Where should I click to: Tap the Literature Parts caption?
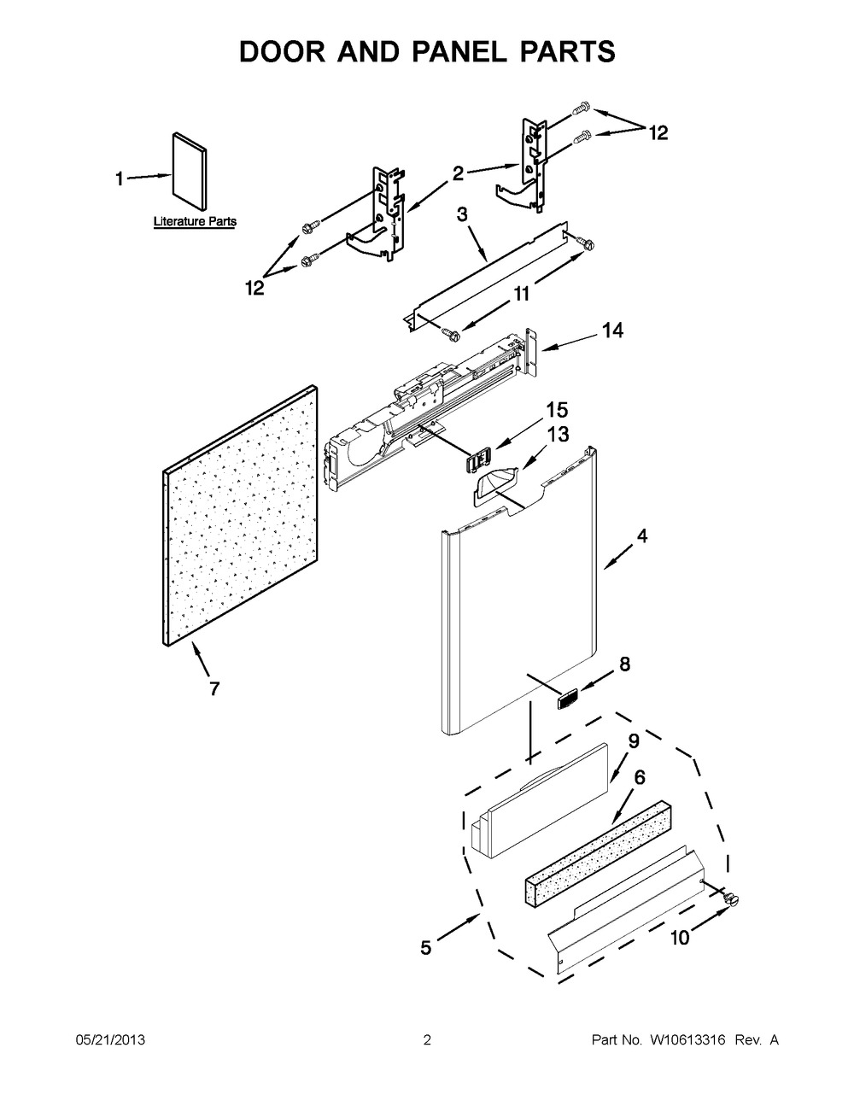195,222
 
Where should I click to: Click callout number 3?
462,214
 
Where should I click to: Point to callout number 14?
612,331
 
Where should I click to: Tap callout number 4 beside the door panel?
642,535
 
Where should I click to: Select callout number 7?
214,688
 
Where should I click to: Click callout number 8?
624,664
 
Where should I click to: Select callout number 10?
680,938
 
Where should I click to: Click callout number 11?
522,294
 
